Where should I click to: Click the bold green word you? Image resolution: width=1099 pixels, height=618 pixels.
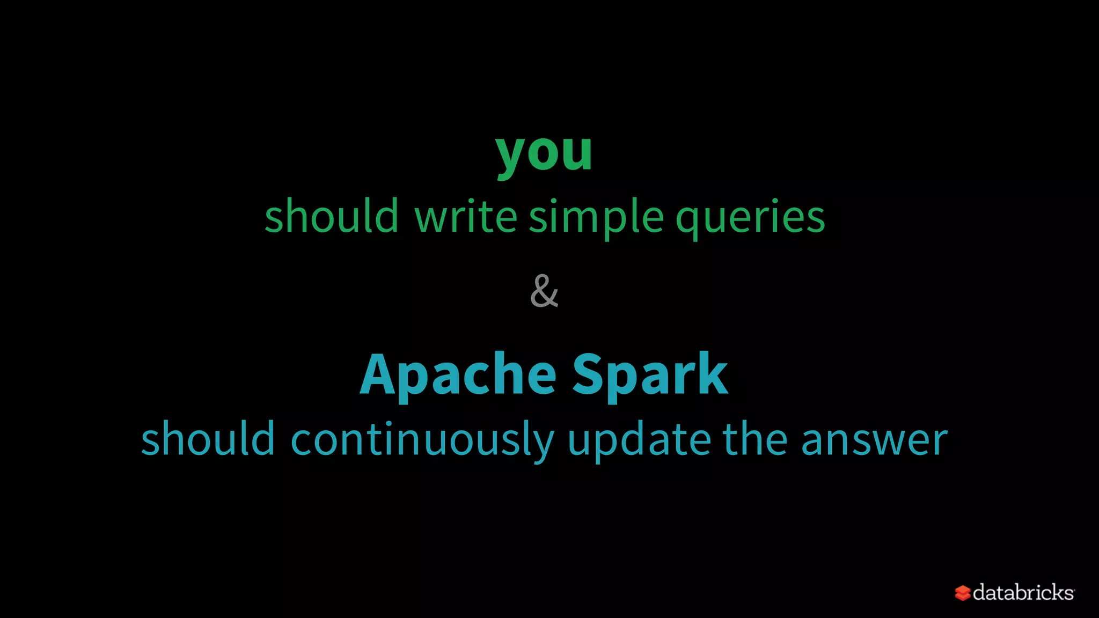pyautogui.click(x=544, y=154)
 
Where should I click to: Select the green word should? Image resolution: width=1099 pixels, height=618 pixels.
pyautogui.click(x=331, y=216)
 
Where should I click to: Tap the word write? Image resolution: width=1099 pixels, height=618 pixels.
pyautogui.click(x=466, y=216)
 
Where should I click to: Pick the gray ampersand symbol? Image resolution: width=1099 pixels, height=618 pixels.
pyautogui.click(x=544, y=291)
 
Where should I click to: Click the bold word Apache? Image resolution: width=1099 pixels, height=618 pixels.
pyautogui.click(x=458, y=375)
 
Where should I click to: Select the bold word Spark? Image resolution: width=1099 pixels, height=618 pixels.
pyautogui.click(x=650, y=375)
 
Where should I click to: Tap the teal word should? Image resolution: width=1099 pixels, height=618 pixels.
pyautogui.click(x=208, y=439)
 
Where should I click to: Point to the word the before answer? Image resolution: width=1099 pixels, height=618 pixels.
pyautogui.click(x=756, y=439)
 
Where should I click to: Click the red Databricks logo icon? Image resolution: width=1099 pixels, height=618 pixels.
pyautogui.click(x=962, y=593)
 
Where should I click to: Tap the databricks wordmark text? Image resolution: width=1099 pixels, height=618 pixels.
pyautogui.click(x=1023, y=592)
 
